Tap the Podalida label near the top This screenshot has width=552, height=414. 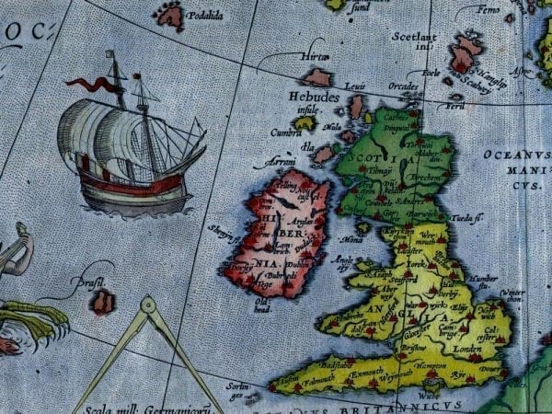coord(205,16)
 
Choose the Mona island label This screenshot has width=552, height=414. coord(351,238)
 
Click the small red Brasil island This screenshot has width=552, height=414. coord(104,302)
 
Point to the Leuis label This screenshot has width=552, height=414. coord(355,86)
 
